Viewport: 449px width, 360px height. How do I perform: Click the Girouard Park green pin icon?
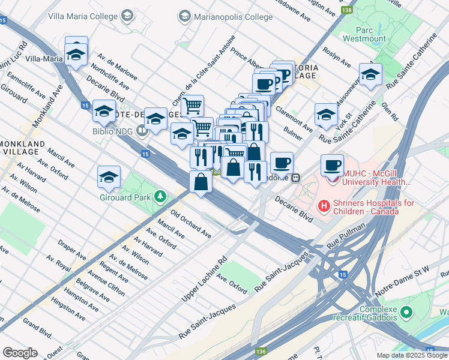(160, 196)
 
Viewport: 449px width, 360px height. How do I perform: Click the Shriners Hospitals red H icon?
(325, 207)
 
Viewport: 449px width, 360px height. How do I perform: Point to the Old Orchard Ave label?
(191, 224)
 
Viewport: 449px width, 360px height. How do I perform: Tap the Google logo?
(20, 353)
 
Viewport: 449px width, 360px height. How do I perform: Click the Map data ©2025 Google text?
(412, 355)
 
